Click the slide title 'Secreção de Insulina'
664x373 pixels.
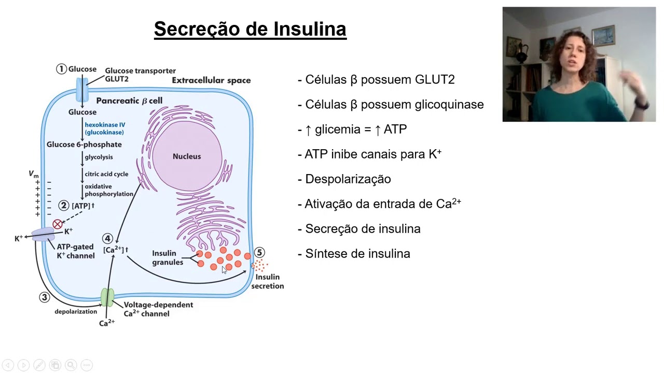click(x=250, y=29)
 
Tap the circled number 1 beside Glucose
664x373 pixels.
click(x=62, y=69)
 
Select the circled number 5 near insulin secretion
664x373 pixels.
click(x=259, y=253)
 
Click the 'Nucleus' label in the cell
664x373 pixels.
click(x=187, y=156)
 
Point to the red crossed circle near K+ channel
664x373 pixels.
click(x=58, y=224)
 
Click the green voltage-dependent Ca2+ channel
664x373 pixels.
click(x=107, y=297)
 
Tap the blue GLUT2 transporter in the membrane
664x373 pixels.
click(x=82, y=90)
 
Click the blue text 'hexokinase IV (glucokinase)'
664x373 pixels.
click(x=105, y=128)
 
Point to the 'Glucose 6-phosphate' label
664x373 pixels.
click(x=84, y=145)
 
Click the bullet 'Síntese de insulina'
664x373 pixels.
click(x=357, y=254)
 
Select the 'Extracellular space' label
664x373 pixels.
click(x=211, y=80)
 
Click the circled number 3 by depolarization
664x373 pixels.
click(x=44, y=297)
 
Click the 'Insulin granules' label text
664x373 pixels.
click(x=167, y=258)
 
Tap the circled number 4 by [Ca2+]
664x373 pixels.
click(x=107, y=239)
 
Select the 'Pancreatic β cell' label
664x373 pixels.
click(x=129, y=101)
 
